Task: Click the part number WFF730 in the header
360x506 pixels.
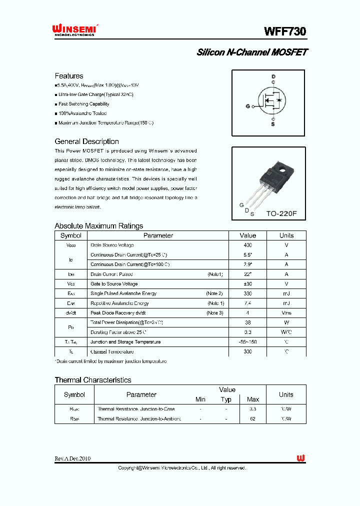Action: pyautogui.click(x=285, y=31)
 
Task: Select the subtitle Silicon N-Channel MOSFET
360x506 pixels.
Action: pyautogui.click(x=252, y=52)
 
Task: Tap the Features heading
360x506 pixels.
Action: pyautogui.click(x=69, y=76)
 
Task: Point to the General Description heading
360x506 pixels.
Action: pyautogui.click(x=86, y=141)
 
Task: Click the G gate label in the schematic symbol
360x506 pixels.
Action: pyautogui.click(x=247, y=106)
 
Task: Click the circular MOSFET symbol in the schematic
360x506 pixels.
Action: pyautogui.click(x=272, y=100)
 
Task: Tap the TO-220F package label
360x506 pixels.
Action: pyautogui.click(x=281, y=213)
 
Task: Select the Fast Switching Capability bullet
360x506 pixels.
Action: pyautogui.click(x=83, y=104)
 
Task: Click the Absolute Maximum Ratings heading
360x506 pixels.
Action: pyautogui.click(x=98, y=226)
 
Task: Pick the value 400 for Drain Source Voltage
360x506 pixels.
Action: pyautogui.click(x=247, y=245)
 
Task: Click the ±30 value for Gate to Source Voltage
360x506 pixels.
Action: pyautogui.click(x=247, y=284)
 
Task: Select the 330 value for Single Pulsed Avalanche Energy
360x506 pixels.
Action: pyautogui.click(x=247, y=293)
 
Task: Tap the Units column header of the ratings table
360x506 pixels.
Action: pyautogui.click(x=286, y=235)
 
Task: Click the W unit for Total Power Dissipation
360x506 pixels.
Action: pyautogui.click(x=286, y=322)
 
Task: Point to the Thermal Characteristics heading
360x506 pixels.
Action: pyautogui.click(x=92, y=380)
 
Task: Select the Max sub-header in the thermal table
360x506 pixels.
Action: pyautogui.click(x=253, y=399)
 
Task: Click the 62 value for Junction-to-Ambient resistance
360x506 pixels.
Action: pyautogui.click(x=253, y=418)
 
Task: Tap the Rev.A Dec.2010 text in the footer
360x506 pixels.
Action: pyautogui.click(x=72, y=458)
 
